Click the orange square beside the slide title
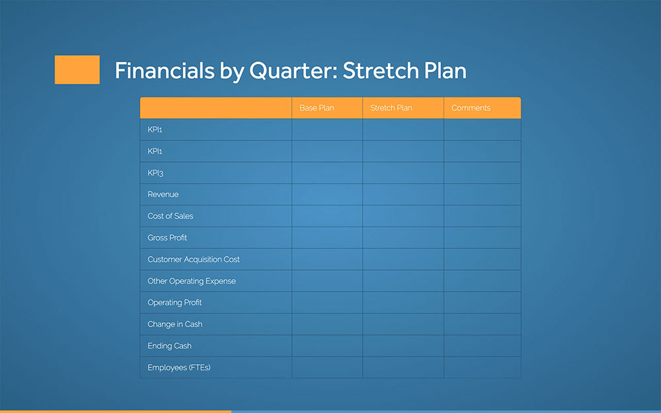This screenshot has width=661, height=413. (x=77, y=70)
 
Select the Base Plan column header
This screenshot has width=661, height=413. (x=317, y=108)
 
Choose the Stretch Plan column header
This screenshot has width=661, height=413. (x=391, y=108)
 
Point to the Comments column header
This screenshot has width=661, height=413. (x=471, y=108)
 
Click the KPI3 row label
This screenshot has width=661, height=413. (x=155, y=173)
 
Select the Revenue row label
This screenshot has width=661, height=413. (x=163, y=194)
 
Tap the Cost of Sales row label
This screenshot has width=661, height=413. (x=171, y=216)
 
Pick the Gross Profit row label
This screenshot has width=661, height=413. (x=167, y=238)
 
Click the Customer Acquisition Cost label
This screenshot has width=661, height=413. (x=194, y=260)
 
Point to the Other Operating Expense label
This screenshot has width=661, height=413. (x=192, y=281)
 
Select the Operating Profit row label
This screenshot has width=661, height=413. (x=175, y=303)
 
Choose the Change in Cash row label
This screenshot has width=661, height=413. (x=175, y=324)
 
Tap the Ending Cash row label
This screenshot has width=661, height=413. (x=169, y=346)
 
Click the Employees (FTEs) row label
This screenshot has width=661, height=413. (x=179, y=367)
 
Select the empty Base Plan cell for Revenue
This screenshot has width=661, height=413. (x=327, y=194)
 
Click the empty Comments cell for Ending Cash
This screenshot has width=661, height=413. (x=482, y=346)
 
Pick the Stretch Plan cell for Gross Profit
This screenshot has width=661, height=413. (x=403, y=238)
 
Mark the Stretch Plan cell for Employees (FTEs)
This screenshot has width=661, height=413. (x=403, y=367)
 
